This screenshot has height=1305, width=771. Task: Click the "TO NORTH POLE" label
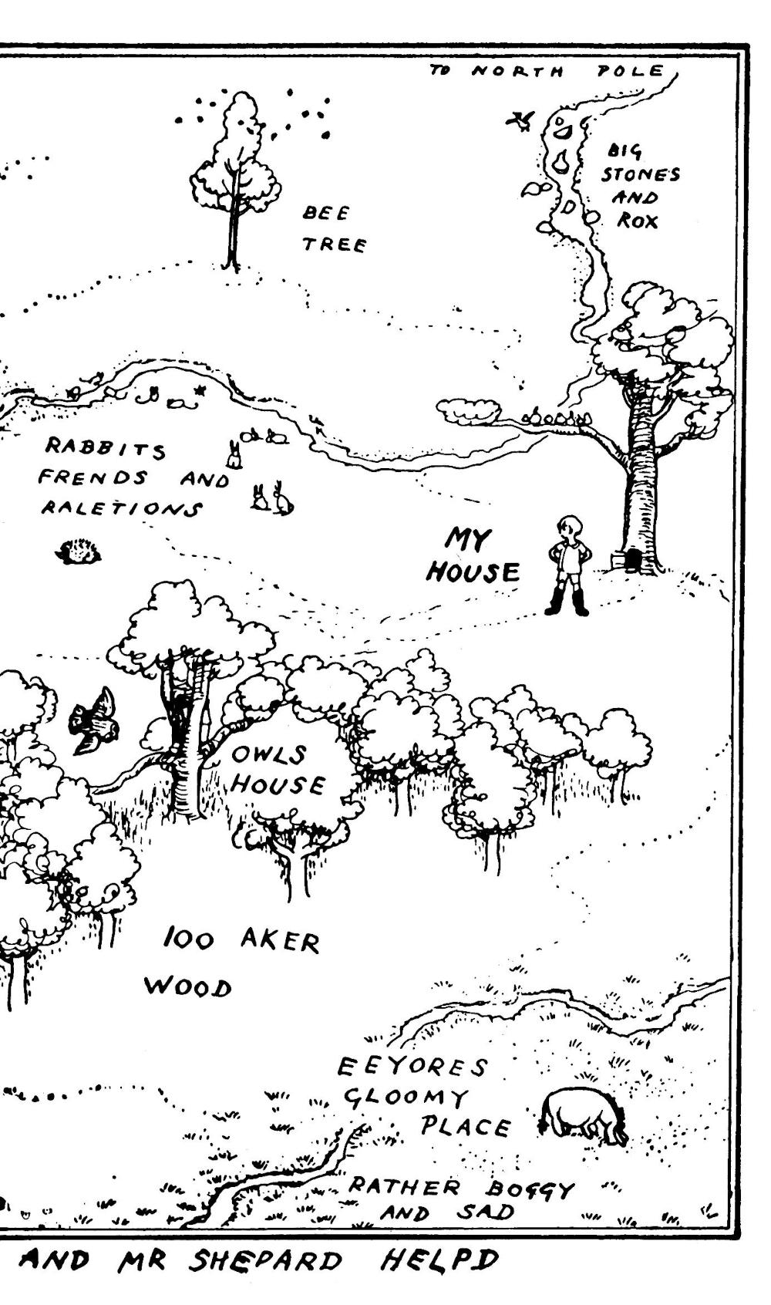(547, 71)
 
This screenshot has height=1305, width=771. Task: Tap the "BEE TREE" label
(335, 229)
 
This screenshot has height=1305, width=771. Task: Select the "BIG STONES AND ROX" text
(639, 186)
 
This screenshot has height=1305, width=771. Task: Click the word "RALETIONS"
(121, 508)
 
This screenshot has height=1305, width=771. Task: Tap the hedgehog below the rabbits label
(79, 551)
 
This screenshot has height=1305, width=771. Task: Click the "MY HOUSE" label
(473, 556)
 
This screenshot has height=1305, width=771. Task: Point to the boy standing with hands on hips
(567, 565)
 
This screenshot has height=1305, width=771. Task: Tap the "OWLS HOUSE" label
(278, 771)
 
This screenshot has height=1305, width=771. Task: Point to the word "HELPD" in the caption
(439, 1259)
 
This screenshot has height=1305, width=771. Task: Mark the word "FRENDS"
(93, 477)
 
